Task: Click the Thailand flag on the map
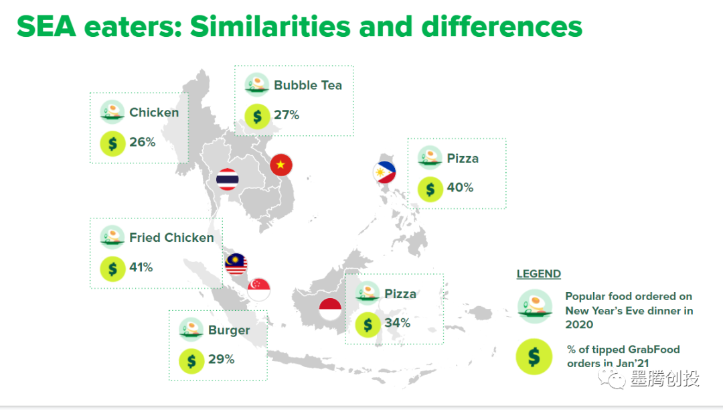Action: click(228, 180)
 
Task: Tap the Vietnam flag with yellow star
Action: click(280, 165)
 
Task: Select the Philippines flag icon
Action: click(384, 172)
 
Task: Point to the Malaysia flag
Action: click(236, 264)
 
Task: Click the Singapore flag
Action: click(258, 289)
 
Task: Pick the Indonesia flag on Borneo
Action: click(330, 309)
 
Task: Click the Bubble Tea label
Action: click(308, 85)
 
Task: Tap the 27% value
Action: click(287, 115)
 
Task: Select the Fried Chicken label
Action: click(171, 238)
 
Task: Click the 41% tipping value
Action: click(141, 267)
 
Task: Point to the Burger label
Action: click(229, 330)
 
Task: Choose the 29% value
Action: click(222, 359)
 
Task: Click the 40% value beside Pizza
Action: click(460, 188)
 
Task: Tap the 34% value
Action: click(398, 323)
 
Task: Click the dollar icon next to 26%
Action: click(112, 144)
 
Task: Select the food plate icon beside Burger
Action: click(191, 330)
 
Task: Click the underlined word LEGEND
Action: click(538, 274)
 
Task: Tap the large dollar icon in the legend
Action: click(534, 356)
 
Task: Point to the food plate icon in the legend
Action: click(535, 307)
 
